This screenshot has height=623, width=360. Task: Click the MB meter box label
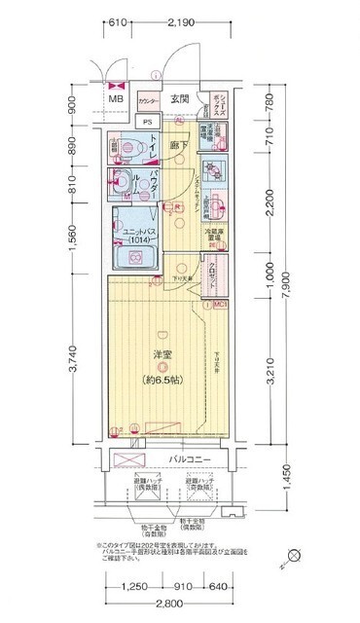coord(116,99)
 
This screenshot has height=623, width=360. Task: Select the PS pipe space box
coord(148,122)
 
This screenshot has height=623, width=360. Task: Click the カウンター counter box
coord(148,101)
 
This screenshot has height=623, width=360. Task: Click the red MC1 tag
coord(221,305)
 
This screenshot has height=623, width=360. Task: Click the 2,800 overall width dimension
coord(170,606)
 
